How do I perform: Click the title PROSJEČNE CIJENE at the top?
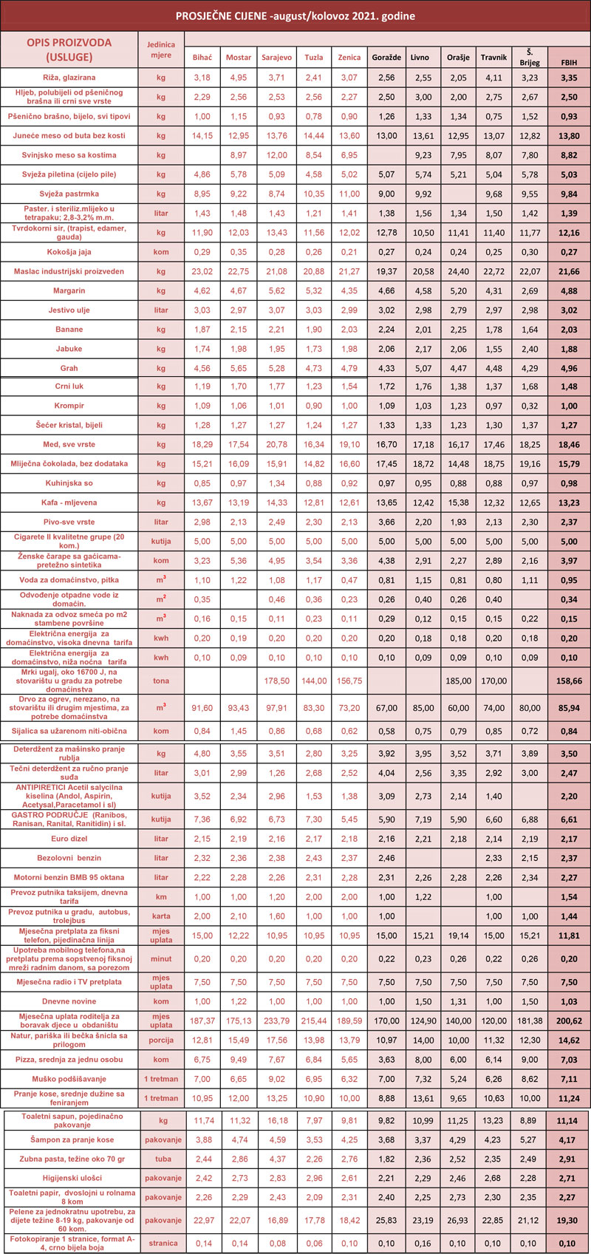pos(295,16)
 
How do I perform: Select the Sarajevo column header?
pos(276,58)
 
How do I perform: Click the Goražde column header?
pos(386,58)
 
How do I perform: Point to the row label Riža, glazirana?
pos(69,78)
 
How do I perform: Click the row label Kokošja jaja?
pos(69,252)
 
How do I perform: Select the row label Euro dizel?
pos(69,839)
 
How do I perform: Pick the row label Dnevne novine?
pos(69,1001)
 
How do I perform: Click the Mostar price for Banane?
pos(239,330)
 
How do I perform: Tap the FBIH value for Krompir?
pos(568,406)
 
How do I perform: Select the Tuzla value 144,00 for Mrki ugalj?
pos(313,681)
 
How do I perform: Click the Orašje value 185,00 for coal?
pos(458,681)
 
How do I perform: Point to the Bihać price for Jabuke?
pos(202,349)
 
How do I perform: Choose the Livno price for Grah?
pos(423,368)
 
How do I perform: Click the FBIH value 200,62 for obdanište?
pos(568,1021)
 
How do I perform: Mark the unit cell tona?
pos(161,681)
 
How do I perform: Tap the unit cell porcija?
pos(161,1040)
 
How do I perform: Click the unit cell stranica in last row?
pos(161,1243)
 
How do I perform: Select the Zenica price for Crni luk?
pos(349,387)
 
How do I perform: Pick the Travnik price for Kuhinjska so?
pos(493,484)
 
